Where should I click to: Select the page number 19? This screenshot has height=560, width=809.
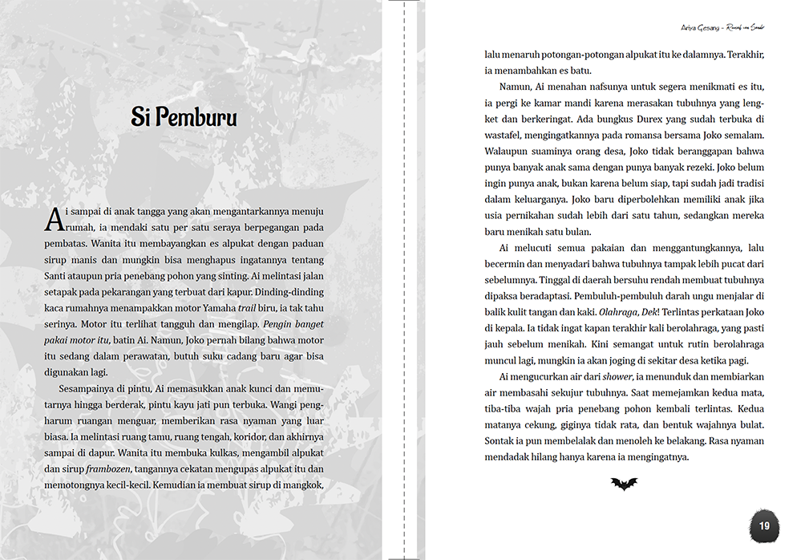[764, 526]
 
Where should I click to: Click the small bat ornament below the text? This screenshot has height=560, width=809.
[624, 484]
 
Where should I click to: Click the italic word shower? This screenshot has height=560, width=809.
[617, 376]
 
